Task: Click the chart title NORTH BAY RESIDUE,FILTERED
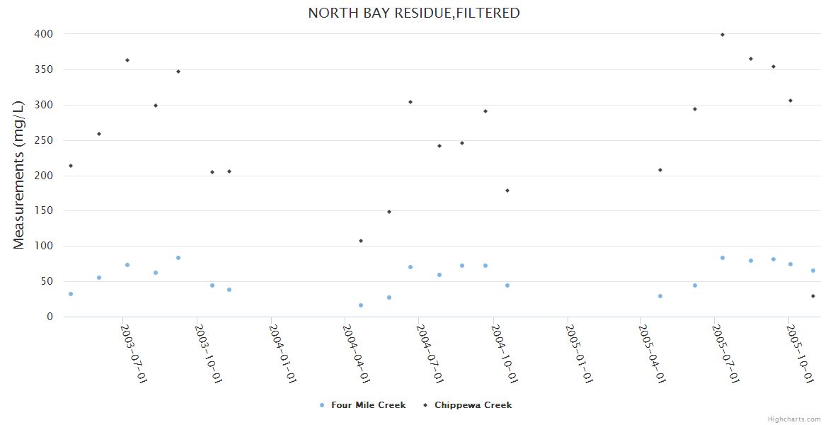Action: pyautogui.click(x=414, y=13)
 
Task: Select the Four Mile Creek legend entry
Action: pyautogui.click(x=362, y=405)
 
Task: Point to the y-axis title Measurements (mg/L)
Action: pyautogui.click(x=19, y=175)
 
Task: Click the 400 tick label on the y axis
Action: pyautogui.click(x=44, y=34)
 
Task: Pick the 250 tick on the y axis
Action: pyautogui.click(x=44, y=140)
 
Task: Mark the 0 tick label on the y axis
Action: pyautogui.click(x=50, y=317)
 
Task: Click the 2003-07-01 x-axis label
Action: pyautogui.click(x=134, y=353)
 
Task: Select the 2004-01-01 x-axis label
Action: pyautogui.click(x=282, y=353)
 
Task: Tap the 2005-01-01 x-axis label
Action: pyautogui.click(x=578, y=353)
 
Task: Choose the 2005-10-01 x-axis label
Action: pyautogui.click(x=800, y=353)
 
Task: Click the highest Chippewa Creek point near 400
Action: pyautogui.click(x=723, y=35)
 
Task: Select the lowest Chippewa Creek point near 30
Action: pyautogui.click(x=813, y=296)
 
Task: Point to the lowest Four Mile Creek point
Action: pyautogui.click(x=361, y=305)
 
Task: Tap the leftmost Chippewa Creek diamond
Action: pyautogui.click(x=71, y=166)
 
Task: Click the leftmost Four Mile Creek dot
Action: pyautogui.click(x=71, y=294)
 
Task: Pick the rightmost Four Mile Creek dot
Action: pyautogui.click(x=813, y=271)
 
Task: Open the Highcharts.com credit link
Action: pyautogui.click(x=795, y=419)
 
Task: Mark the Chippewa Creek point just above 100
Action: pyautogui.click(x=361, y=241)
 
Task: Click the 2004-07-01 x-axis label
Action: pyautogui.click(x=430, y=353)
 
